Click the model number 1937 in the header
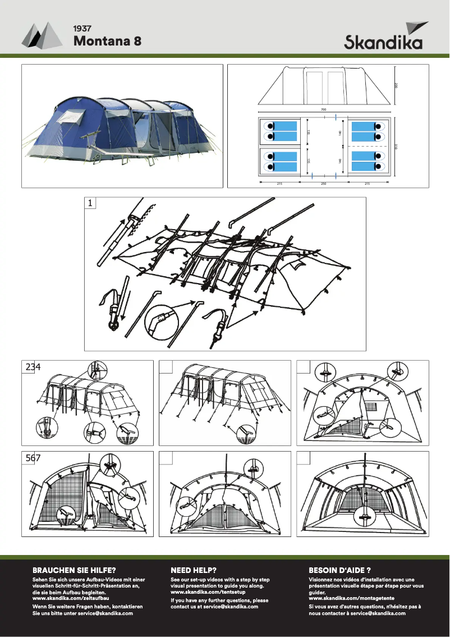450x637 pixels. tap(82, 28)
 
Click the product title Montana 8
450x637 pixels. tap(107, 41)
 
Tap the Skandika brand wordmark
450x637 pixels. tap(383, 43)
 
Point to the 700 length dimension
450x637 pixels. tap(324, 110)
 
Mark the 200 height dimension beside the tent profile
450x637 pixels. tap(396, 85)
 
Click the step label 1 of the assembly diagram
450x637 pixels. tap(89, 204)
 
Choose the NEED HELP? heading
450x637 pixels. tap(194, 570)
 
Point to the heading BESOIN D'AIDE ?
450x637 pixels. tap(340, 570)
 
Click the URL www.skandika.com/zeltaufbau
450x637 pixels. tap(71, 598)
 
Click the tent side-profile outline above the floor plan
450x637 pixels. tap(324, 84)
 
